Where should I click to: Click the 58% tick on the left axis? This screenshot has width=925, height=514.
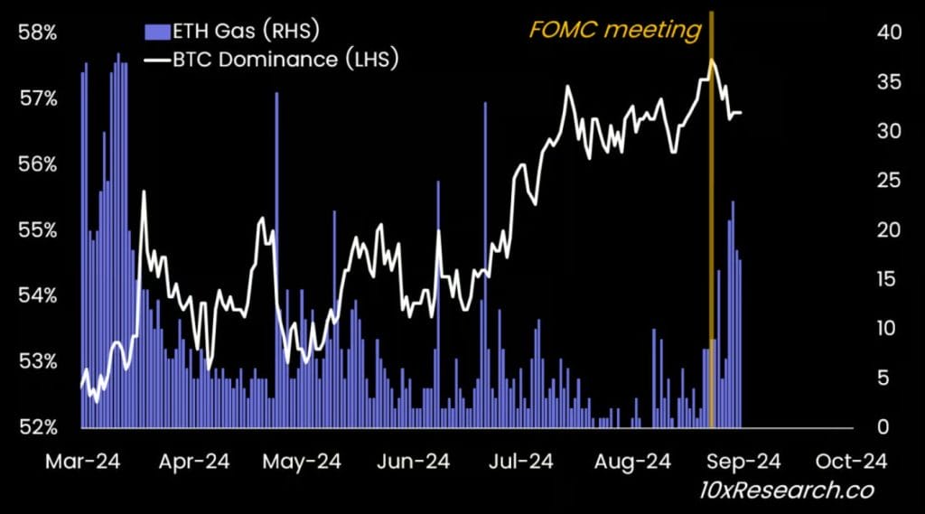tap(37, 33)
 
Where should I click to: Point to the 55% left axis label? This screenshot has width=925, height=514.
tap(37, 229)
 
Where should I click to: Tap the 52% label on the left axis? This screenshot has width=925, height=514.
tap(37, 426)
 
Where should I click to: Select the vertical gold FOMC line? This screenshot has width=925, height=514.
tap(712, 226)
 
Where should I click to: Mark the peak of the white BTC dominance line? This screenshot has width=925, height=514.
tap(712, 61)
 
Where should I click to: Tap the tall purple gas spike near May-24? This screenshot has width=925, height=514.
tap(276, 181)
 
